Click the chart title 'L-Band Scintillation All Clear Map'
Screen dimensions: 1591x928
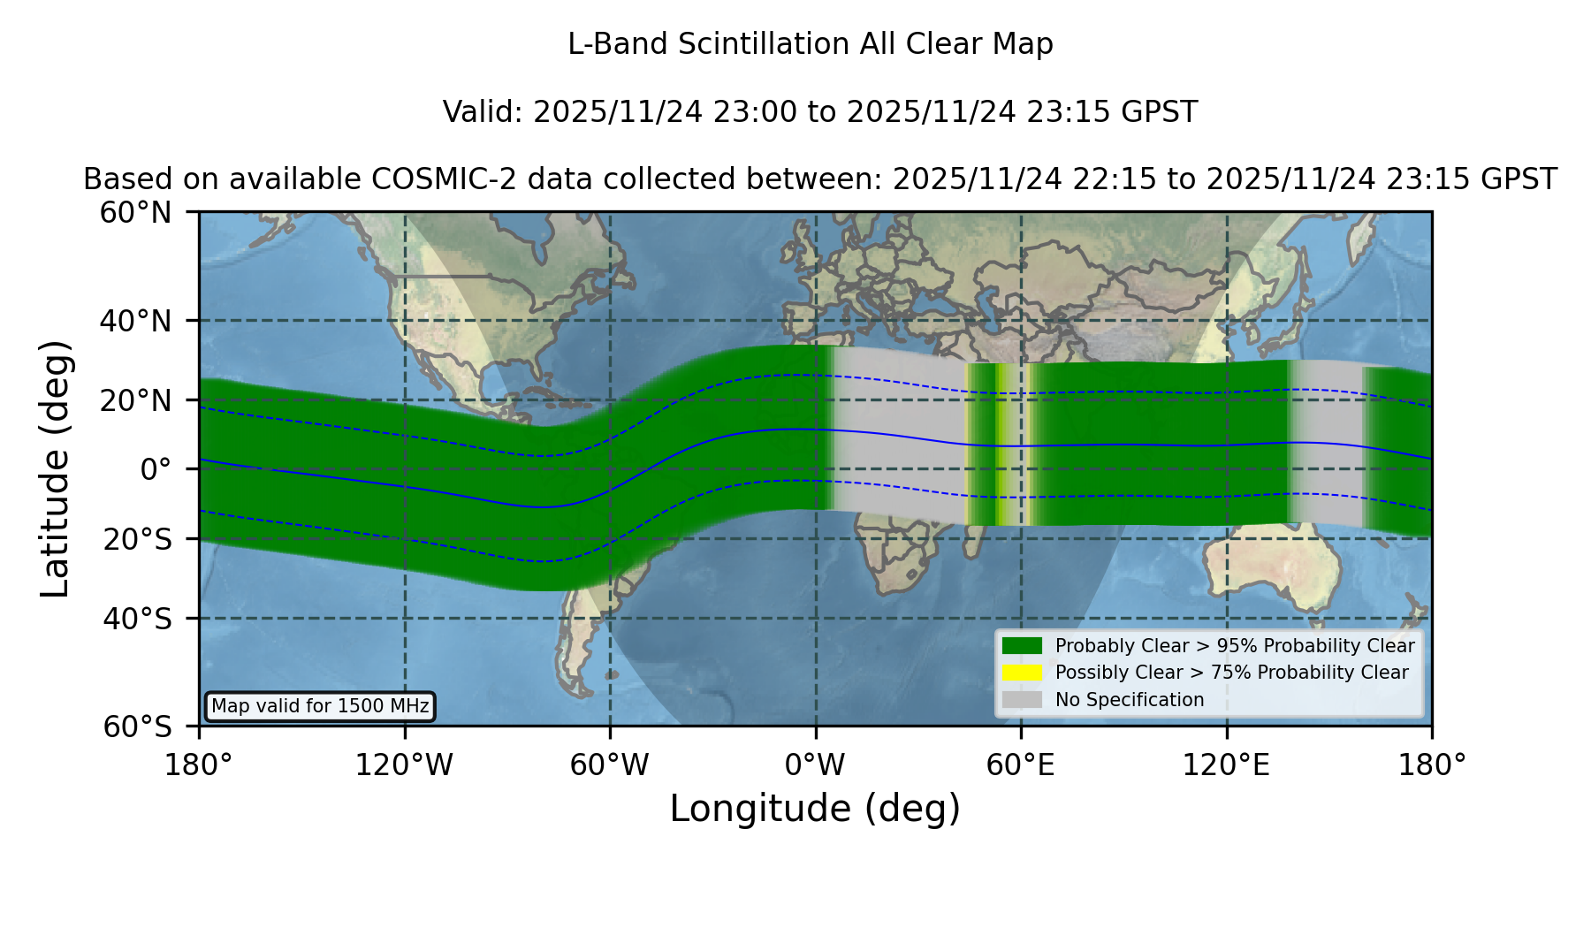[x=810, y=44]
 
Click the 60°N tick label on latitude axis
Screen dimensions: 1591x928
[x=135, y=213]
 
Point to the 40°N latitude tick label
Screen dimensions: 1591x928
[x=135, y=321]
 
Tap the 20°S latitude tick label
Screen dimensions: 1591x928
[x=137, y=539]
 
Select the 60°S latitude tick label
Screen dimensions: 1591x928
[x=137, y=726]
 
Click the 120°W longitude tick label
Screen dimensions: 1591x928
[x=404, y=765]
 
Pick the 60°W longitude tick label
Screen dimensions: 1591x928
[x=610, y=765]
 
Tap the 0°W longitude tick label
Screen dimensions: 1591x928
[x=816, y=765]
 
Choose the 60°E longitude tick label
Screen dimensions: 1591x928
[x=1021, y=765]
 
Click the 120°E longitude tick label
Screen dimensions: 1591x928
[x=1227, y=765]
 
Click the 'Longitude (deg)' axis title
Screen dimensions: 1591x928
[x=815, y=809]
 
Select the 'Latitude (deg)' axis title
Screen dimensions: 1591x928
[x=55, y=468]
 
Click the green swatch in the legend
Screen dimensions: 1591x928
[x=1023, y=645]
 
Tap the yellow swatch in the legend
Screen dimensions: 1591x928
[x=1023, y=673]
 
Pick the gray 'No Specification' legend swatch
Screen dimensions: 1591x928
[x=1023, y=700]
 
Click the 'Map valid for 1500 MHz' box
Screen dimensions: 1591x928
[x=320, y=706]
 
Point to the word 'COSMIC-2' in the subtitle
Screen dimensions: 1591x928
[x=426, y=179]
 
